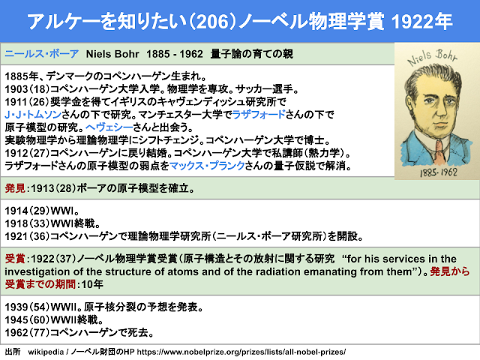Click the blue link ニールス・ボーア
click(x=42, y=54)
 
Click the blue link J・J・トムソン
click(x=33, y=115)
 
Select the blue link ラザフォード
click(x=259, y=115)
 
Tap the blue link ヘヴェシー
click(x=109, y=127)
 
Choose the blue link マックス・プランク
click(x=207, y=166)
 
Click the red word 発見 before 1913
click(x=15, y=188)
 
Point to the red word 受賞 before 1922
click(x=15, y=259)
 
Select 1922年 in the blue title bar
click(x=421, y=22)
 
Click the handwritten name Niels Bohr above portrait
click(x=432, y=57)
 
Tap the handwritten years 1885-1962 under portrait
click(x=439, y=172)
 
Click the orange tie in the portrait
click(x=439, y=151)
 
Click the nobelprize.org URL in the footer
click(x=241, y=352)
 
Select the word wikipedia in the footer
click(x=46, y=352)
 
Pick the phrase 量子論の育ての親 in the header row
click(x=252, y=54)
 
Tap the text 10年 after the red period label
click(x=91, y=284)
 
